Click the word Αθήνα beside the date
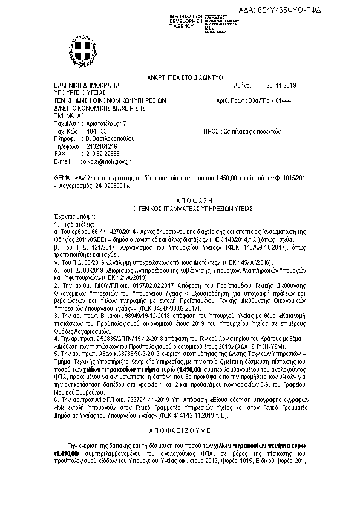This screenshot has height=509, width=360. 240,85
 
